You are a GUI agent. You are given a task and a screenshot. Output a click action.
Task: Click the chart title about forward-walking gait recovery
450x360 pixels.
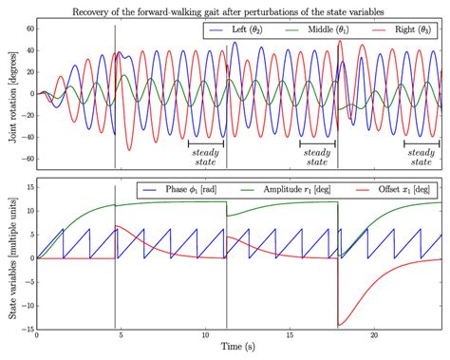[228, 12]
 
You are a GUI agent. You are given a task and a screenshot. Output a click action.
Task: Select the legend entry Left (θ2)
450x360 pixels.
[236, 29]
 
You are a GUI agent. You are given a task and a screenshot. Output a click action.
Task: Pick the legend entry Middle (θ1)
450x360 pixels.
[317, 29]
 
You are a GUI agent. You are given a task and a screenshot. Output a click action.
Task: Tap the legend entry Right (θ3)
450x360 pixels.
[402, 29]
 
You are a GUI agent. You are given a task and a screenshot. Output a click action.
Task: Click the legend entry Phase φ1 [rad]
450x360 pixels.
[180, 189]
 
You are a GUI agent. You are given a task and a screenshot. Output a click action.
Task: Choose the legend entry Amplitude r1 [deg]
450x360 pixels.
[286, 189]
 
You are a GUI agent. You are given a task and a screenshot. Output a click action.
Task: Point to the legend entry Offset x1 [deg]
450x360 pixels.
[393, 189]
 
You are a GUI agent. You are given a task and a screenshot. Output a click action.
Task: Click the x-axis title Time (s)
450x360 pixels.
[238, 347]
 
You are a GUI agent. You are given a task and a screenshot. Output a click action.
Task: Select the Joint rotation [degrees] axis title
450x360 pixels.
[13, 97]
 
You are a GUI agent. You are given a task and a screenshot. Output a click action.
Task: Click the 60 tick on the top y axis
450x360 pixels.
[29, 28]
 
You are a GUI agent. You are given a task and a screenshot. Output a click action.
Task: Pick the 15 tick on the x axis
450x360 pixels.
[290, 335]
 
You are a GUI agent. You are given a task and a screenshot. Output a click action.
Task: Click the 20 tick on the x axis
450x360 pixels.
[374, 335]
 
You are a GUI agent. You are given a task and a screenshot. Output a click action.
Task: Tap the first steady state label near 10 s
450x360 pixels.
[206, 158]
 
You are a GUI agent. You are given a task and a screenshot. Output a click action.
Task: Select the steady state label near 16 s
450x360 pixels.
[317, 158]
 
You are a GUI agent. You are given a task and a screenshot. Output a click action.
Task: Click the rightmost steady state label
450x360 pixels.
[422, 158]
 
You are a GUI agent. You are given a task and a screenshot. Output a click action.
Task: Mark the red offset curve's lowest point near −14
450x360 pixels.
[339, 325]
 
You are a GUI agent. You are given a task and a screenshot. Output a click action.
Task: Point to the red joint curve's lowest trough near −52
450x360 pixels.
[129, 150]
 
